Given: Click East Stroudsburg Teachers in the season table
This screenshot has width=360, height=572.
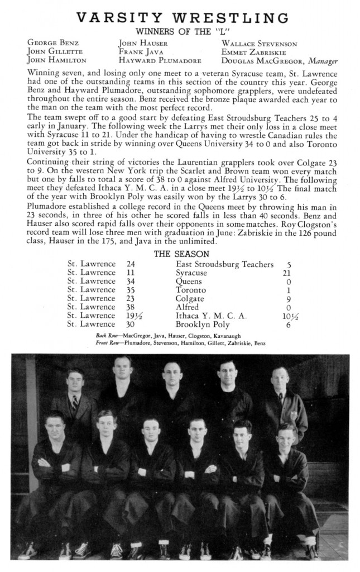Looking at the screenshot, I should click(224, 264).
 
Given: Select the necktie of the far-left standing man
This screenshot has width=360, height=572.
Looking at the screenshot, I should click(74, 403).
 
